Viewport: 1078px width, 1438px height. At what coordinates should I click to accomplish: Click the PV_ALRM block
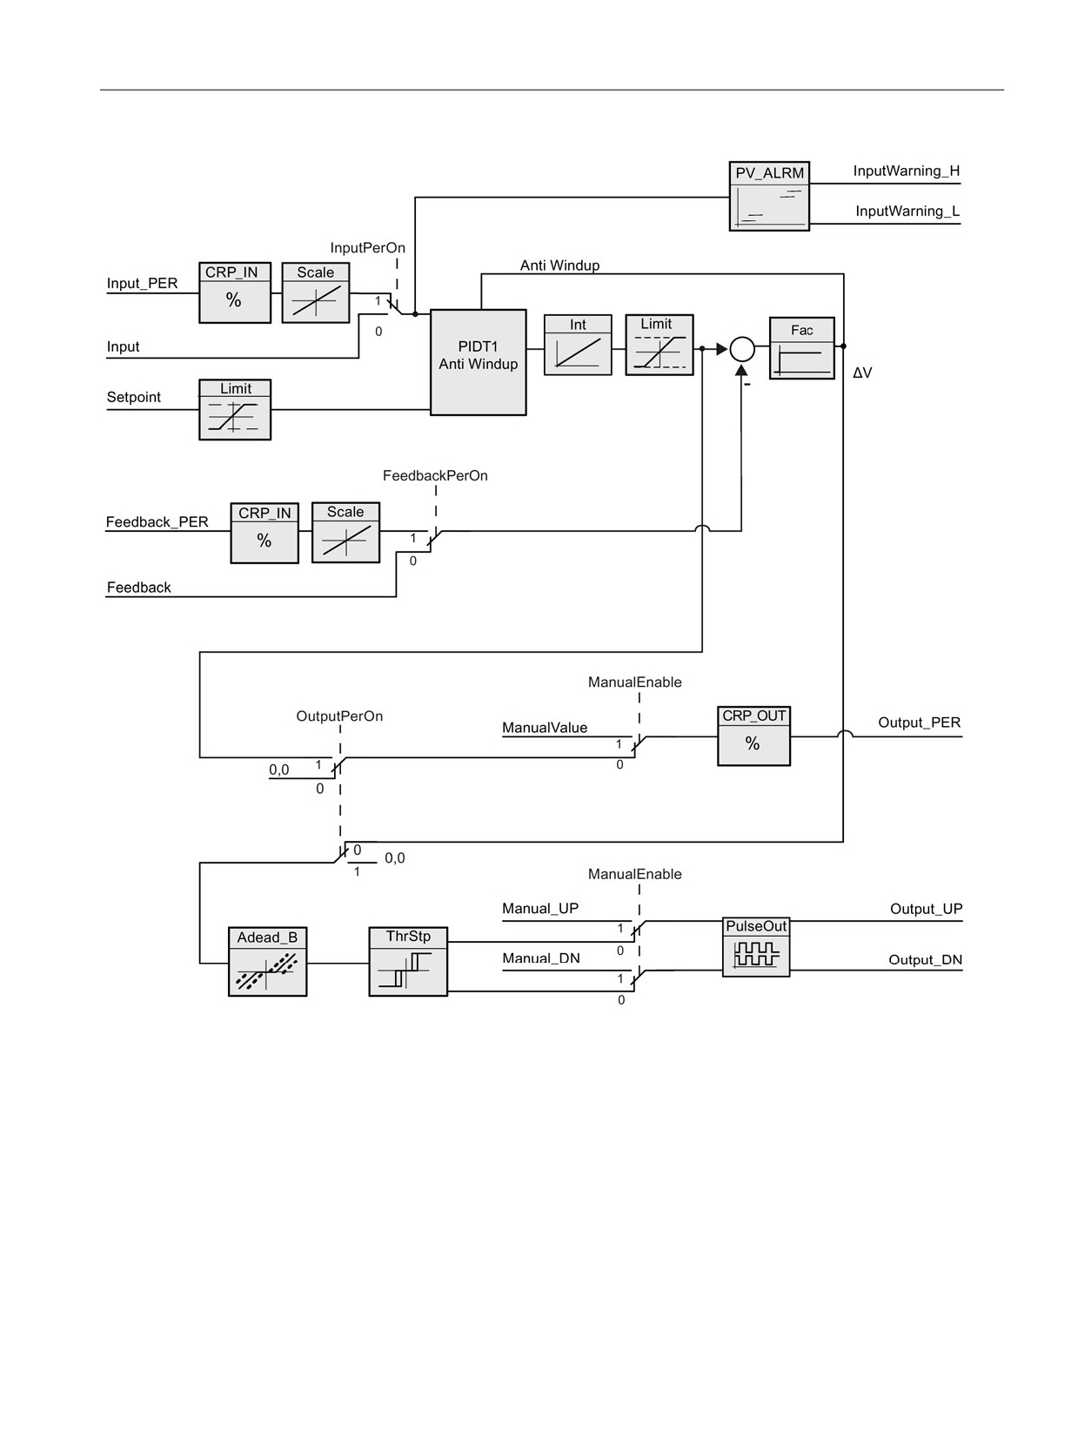[x=769, y=196]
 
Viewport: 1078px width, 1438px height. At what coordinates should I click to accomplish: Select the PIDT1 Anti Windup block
[x=478, y=361]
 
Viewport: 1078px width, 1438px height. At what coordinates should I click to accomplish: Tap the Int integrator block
[x=578, y=345]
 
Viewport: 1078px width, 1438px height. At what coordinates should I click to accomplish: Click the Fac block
[x=802, y=348]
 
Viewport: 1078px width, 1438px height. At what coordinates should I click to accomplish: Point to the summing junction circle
[x=741, y=349]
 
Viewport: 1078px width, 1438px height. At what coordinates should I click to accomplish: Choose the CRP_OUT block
[x=753, y=735]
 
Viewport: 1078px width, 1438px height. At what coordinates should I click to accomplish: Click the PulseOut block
[x=756, y=946]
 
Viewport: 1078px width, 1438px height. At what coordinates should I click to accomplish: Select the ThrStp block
[x=408, y=961]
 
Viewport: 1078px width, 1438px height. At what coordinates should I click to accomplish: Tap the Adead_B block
[x=267, y=961]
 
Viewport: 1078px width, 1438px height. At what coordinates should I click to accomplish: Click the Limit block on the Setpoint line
[x=235, y=409]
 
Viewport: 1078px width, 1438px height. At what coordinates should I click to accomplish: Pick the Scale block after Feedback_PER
[x=345, y=532]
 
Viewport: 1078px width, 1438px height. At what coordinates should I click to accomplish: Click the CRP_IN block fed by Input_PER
[x=234, y=292]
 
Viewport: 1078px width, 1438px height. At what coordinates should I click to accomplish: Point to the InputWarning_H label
[x=906, y=171]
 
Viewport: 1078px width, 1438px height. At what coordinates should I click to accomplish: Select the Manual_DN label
[x=540, y=958]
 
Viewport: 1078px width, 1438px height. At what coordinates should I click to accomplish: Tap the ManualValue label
[x=545, y=727]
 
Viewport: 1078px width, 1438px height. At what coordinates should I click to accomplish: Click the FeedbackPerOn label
[x=435, y=475]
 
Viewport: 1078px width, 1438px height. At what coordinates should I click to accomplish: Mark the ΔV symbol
[x=862, y=373]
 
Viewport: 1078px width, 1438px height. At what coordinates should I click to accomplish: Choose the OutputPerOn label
[x=339, y=716]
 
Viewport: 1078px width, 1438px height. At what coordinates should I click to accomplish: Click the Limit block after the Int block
[x=660, y=345]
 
